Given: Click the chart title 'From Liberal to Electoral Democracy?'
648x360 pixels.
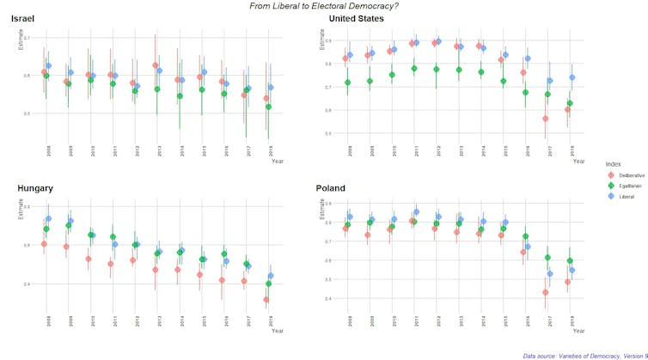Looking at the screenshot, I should [x=324, y=5].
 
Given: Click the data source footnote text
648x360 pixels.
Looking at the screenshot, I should [x=584, y=354].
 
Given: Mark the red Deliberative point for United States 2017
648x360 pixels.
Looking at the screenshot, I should [x=545, y=119].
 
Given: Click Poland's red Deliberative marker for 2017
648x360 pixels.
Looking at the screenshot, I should [x=545, y=292].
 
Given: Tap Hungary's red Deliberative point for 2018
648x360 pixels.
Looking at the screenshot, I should [x=266, y=300].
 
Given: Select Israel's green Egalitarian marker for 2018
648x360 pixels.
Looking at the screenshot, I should [x=268, y=107].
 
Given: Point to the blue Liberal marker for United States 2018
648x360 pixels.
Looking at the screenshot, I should [x=572, y=77].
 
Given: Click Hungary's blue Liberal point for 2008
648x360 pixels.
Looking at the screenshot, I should [x=48, y=219].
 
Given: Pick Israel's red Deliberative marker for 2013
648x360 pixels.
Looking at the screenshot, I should [x=155, y=65].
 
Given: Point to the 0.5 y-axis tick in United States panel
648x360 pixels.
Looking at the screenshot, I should [x=327, y=133].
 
